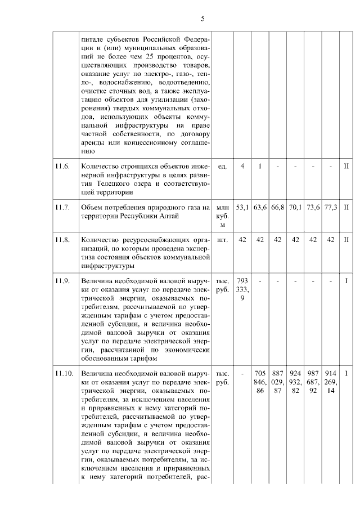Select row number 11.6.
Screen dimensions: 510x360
pos(62,167)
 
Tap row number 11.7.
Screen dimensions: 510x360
pos(62,208)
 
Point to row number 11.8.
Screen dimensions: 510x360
pos(62,240)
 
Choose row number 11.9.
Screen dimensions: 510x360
pos(62,280)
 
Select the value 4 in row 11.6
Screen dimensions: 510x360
pos(242,167)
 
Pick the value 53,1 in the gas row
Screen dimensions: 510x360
pos(242,208)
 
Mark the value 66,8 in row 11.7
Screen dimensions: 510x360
pos(277,208)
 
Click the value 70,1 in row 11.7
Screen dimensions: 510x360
pos(295,208)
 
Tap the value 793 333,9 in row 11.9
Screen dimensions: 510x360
pos(242,289)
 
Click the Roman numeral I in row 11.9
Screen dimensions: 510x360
pos(347,280)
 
